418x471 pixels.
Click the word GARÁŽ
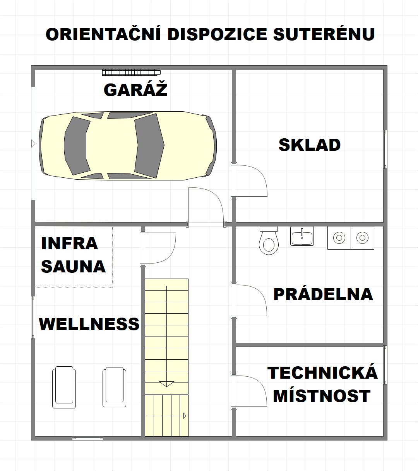point(135,90)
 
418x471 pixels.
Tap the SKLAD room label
point(309,145)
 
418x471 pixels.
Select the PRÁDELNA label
point(323,294)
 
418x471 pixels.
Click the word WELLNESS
point(89,324)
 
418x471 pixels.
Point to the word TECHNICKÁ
point(322,373)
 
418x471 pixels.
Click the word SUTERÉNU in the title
point(324,34)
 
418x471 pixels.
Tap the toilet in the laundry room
point(269,241)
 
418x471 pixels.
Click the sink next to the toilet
point(302,236)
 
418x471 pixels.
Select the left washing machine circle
point(339,238)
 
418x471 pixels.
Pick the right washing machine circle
point(362,238)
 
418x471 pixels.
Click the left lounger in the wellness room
point(64,386)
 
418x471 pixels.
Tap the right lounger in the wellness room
point(114,386)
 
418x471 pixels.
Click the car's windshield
point(149,145)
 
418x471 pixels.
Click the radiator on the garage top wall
point(131,72)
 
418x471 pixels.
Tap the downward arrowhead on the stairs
point(166,384)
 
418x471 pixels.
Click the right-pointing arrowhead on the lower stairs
point(185,416)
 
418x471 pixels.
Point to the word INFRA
point(70,243)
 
